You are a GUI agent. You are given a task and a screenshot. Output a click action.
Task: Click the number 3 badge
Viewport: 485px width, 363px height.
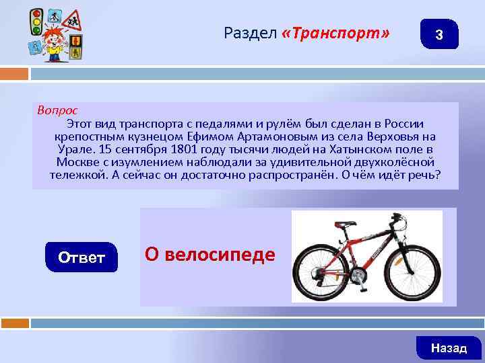[x=439, y=34]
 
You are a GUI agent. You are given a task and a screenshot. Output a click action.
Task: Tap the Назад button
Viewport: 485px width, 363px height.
[x=449, y=348]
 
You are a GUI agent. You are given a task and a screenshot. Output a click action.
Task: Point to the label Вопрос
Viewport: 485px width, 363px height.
[x=57, y=110]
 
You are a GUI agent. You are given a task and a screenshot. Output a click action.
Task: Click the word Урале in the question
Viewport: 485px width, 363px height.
[x=73, y=149]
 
